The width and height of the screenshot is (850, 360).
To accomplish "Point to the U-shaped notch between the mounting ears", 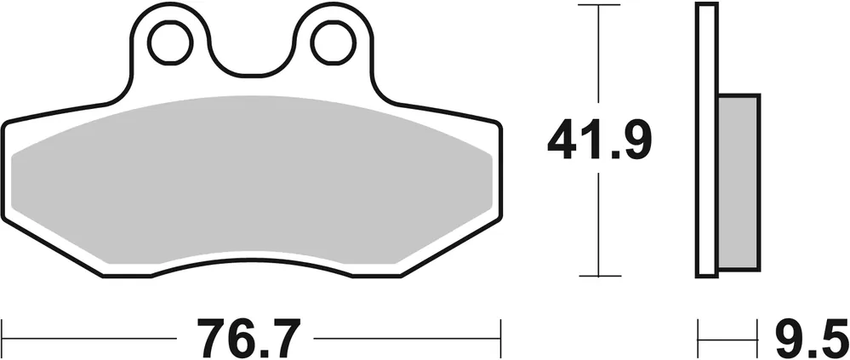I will [251, 60].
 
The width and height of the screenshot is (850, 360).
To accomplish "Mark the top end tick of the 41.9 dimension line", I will [599, 6].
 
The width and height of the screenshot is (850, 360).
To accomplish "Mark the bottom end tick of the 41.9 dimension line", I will [599, 276].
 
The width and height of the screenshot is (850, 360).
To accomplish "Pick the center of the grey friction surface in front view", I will [253, 179].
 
